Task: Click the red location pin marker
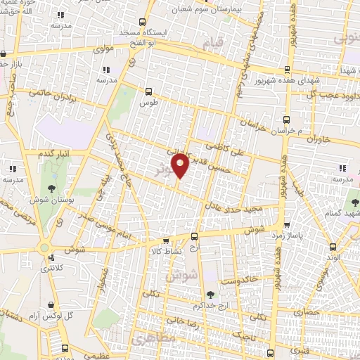tap(181, 165)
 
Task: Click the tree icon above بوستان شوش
tap(53, 188)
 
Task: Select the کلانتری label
tap(50, 268)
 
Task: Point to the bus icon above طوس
tap(148, 91)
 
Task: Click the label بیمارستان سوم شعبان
tap(211, 11)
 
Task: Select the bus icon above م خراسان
tap(285, 120)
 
